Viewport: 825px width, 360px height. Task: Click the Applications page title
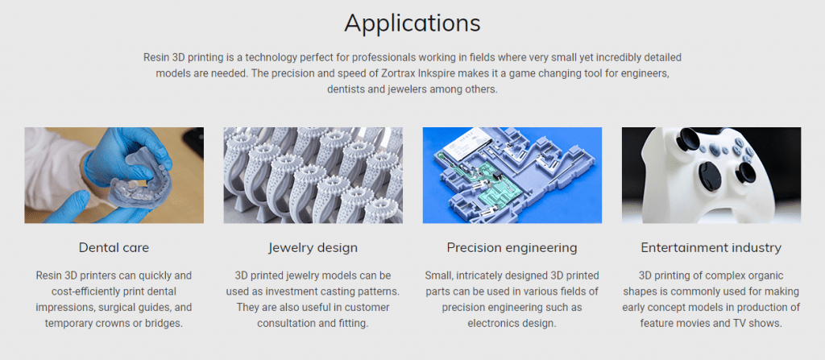coord(412,23)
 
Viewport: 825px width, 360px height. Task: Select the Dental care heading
coord(114,247)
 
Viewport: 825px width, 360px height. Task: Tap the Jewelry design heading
coord(313,248)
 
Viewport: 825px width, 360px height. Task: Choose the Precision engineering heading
coord(512,248)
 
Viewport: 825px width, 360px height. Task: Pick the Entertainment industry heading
coord(711,248)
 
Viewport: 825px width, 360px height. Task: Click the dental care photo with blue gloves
coord(114,176)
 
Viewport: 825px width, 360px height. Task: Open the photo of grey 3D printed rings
coord(313,176)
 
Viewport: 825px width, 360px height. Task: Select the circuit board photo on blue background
coord(512,176)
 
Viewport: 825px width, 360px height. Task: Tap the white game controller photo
coord(711,176)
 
